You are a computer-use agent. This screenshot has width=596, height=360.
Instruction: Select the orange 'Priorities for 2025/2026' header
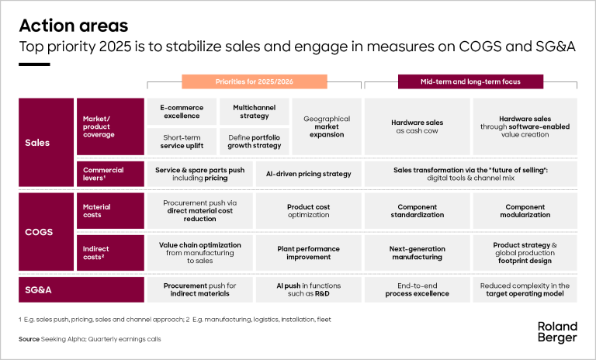(x=250, y=81)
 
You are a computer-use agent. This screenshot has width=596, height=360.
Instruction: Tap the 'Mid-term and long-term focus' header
(x=470, y=81)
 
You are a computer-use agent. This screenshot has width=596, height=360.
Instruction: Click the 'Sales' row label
(x=37, y=142)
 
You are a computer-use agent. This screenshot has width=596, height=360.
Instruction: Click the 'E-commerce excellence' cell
(x=180, y=112)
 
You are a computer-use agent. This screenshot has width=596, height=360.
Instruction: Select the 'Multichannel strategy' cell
(x=250, y=112)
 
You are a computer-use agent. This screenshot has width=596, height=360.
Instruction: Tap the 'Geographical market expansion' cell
(x=327, y=127)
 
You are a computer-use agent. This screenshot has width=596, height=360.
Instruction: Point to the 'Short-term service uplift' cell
(x=180, y=142)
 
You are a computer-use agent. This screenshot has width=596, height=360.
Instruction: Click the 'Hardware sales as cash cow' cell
(x=418, y=127)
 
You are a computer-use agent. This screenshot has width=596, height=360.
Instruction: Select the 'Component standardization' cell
(x=418, y=212)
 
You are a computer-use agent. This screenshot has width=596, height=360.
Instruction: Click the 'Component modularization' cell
(x=525, y=212)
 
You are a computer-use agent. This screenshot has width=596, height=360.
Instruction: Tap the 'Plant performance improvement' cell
(x=308, y=253)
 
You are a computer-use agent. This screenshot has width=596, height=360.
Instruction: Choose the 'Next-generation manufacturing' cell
(x=418, y=253)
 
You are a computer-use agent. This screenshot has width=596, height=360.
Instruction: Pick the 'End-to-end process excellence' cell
(x=418, y=289)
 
